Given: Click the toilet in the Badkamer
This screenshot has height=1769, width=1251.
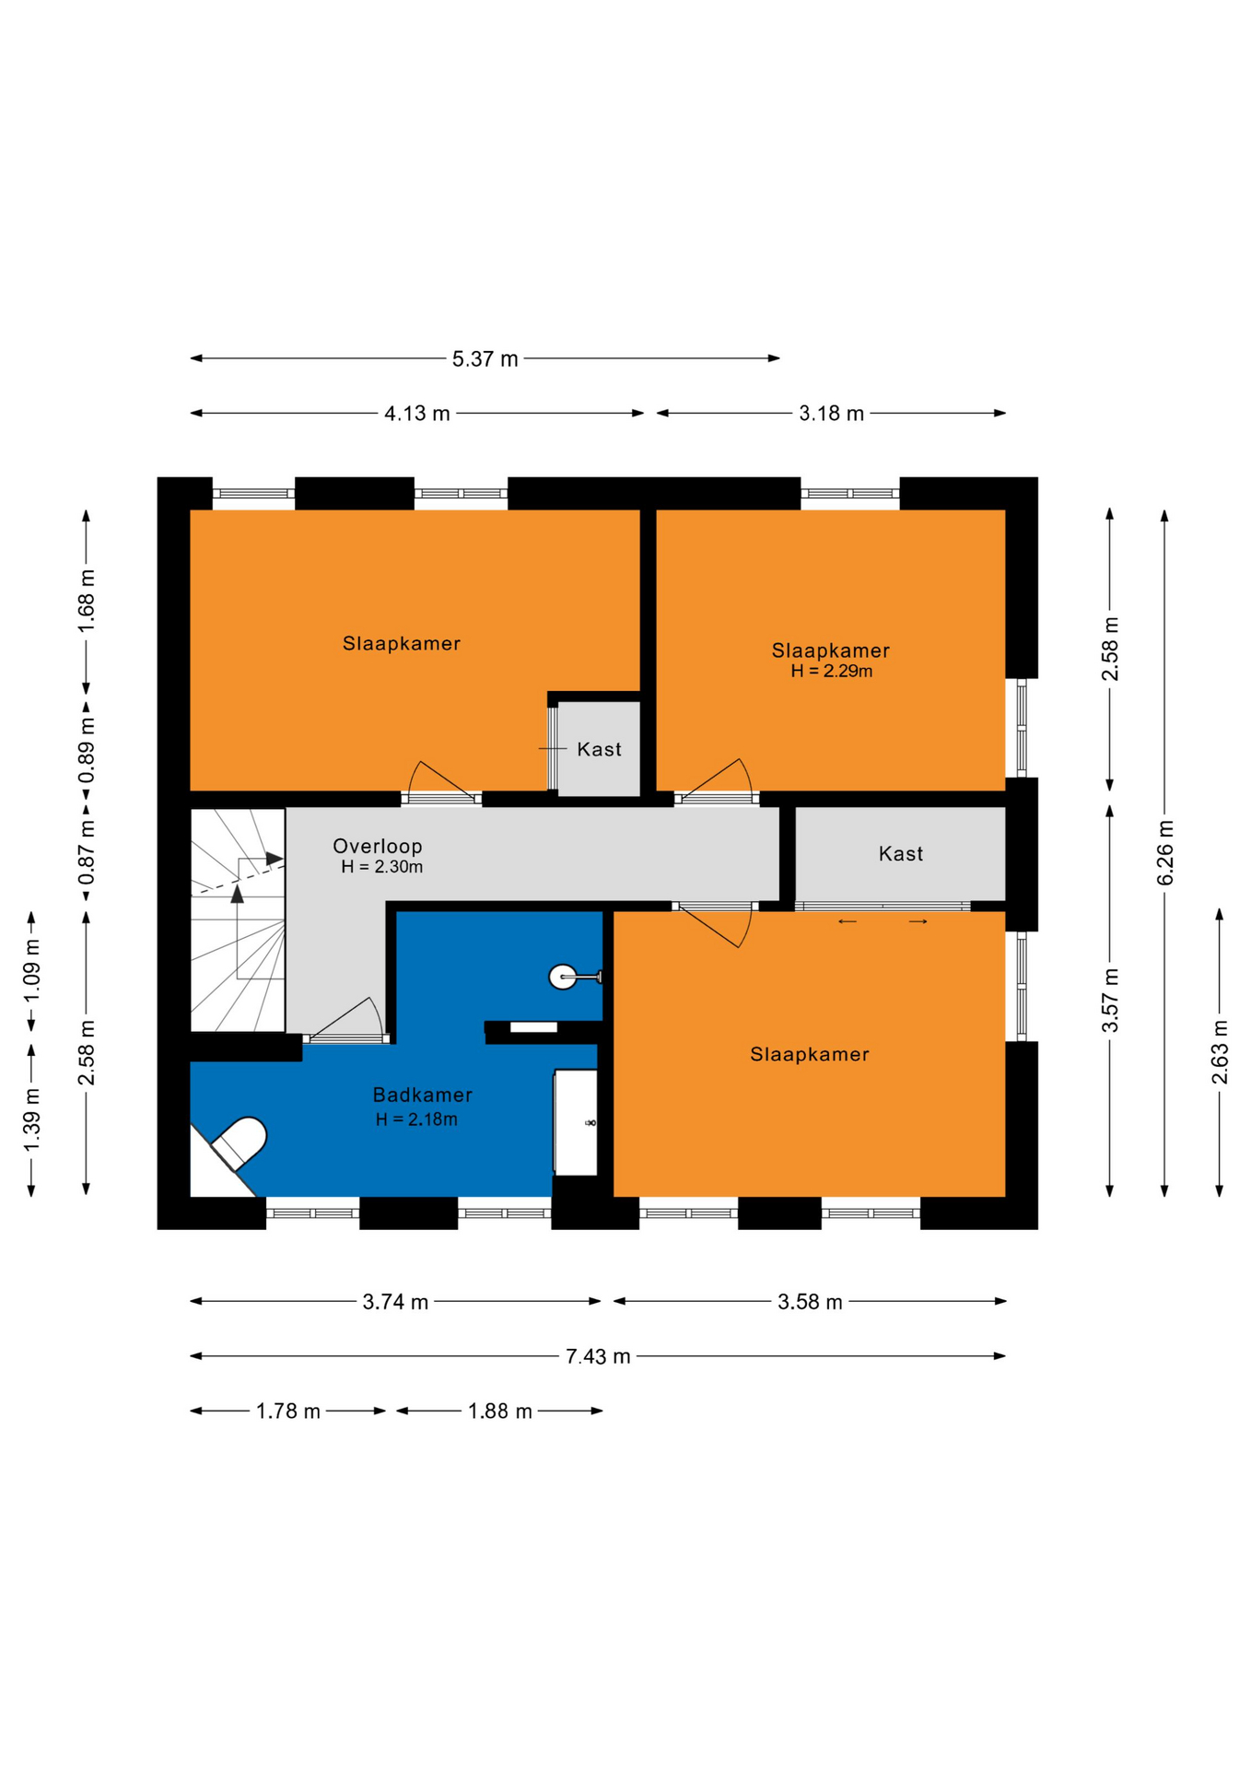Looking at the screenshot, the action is coord(240,1142).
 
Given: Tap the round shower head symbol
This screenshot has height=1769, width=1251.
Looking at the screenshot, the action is coord(562,977).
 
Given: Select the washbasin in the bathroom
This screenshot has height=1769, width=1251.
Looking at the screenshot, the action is coord(576,1122).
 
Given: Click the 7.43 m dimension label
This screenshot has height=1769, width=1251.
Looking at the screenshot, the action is coord(598,1356).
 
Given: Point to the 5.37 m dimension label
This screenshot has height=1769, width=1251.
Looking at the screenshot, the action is coord(485,358).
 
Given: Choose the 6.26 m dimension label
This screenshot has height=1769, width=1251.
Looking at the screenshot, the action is coord(1165,852).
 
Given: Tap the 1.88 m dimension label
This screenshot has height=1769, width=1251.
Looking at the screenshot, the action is coord(500,1412).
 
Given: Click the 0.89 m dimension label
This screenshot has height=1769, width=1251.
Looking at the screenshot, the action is coord(87,750).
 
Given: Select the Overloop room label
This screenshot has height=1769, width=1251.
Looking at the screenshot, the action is coord(378,846).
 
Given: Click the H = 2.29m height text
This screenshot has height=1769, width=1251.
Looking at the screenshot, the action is coord(832,672).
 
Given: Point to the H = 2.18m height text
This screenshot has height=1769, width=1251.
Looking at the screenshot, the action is coord(416,1119).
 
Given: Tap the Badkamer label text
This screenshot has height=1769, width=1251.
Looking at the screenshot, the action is coord(423,1095).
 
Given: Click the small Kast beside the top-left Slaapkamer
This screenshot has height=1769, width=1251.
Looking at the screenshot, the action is coord(600,748).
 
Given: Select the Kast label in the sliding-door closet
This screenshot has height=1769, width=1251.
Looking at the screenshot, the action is coord(901,854).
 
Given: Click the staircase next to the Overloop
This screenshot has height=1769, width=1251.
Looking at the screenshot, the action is coord(238,920).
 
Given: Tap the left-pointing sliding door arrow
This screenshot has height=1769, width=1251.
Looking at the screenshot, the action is coord(848,921).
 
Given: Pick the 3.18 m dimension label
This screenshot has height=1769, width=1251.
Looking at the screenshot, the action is coord(831,414).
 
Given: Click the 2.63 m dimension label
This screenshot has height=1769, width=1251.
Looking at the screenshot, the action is coord(1221,1052).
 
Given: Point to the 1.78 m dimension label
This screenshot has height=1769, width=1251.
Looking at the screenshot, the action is coord(288,1412).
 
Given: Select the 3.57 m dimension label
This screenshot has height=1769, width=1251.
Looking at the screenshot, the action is coord(1111,1001).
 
